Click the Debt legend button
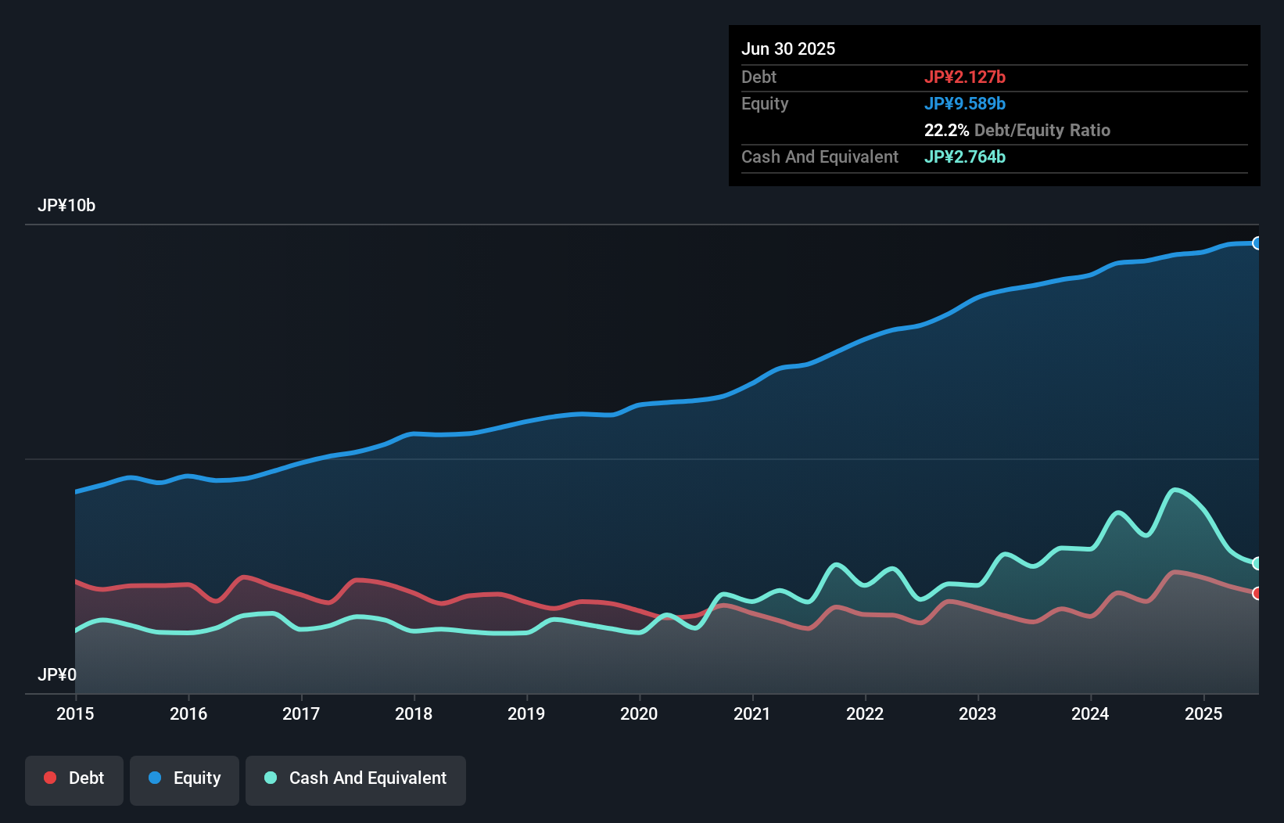point(74,779)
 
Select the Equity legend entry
point(185,779)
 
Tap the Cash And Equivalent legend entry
point(356,779)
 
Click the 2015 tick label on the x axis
point(75,713)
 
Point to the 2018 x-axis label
point(414,713)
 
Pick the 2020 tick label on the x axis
point(639,713)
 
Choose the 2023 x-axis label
point(977,713)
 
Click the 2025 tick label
point(1203,713)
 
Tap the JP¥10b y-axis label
point(66,206)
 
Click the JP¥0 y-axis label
point(57,674)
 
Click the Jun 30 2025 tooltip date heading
point(788,49)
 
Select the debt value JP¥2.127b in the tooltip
point(964,77)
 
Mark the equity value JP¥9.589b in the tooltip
point(964,104)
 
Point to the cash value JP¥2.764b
point(964,157)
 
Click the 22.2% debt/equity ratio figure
point(946,131)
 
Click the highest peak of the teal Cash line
point(1175,491)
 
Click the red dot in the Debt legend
point(50,778)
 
